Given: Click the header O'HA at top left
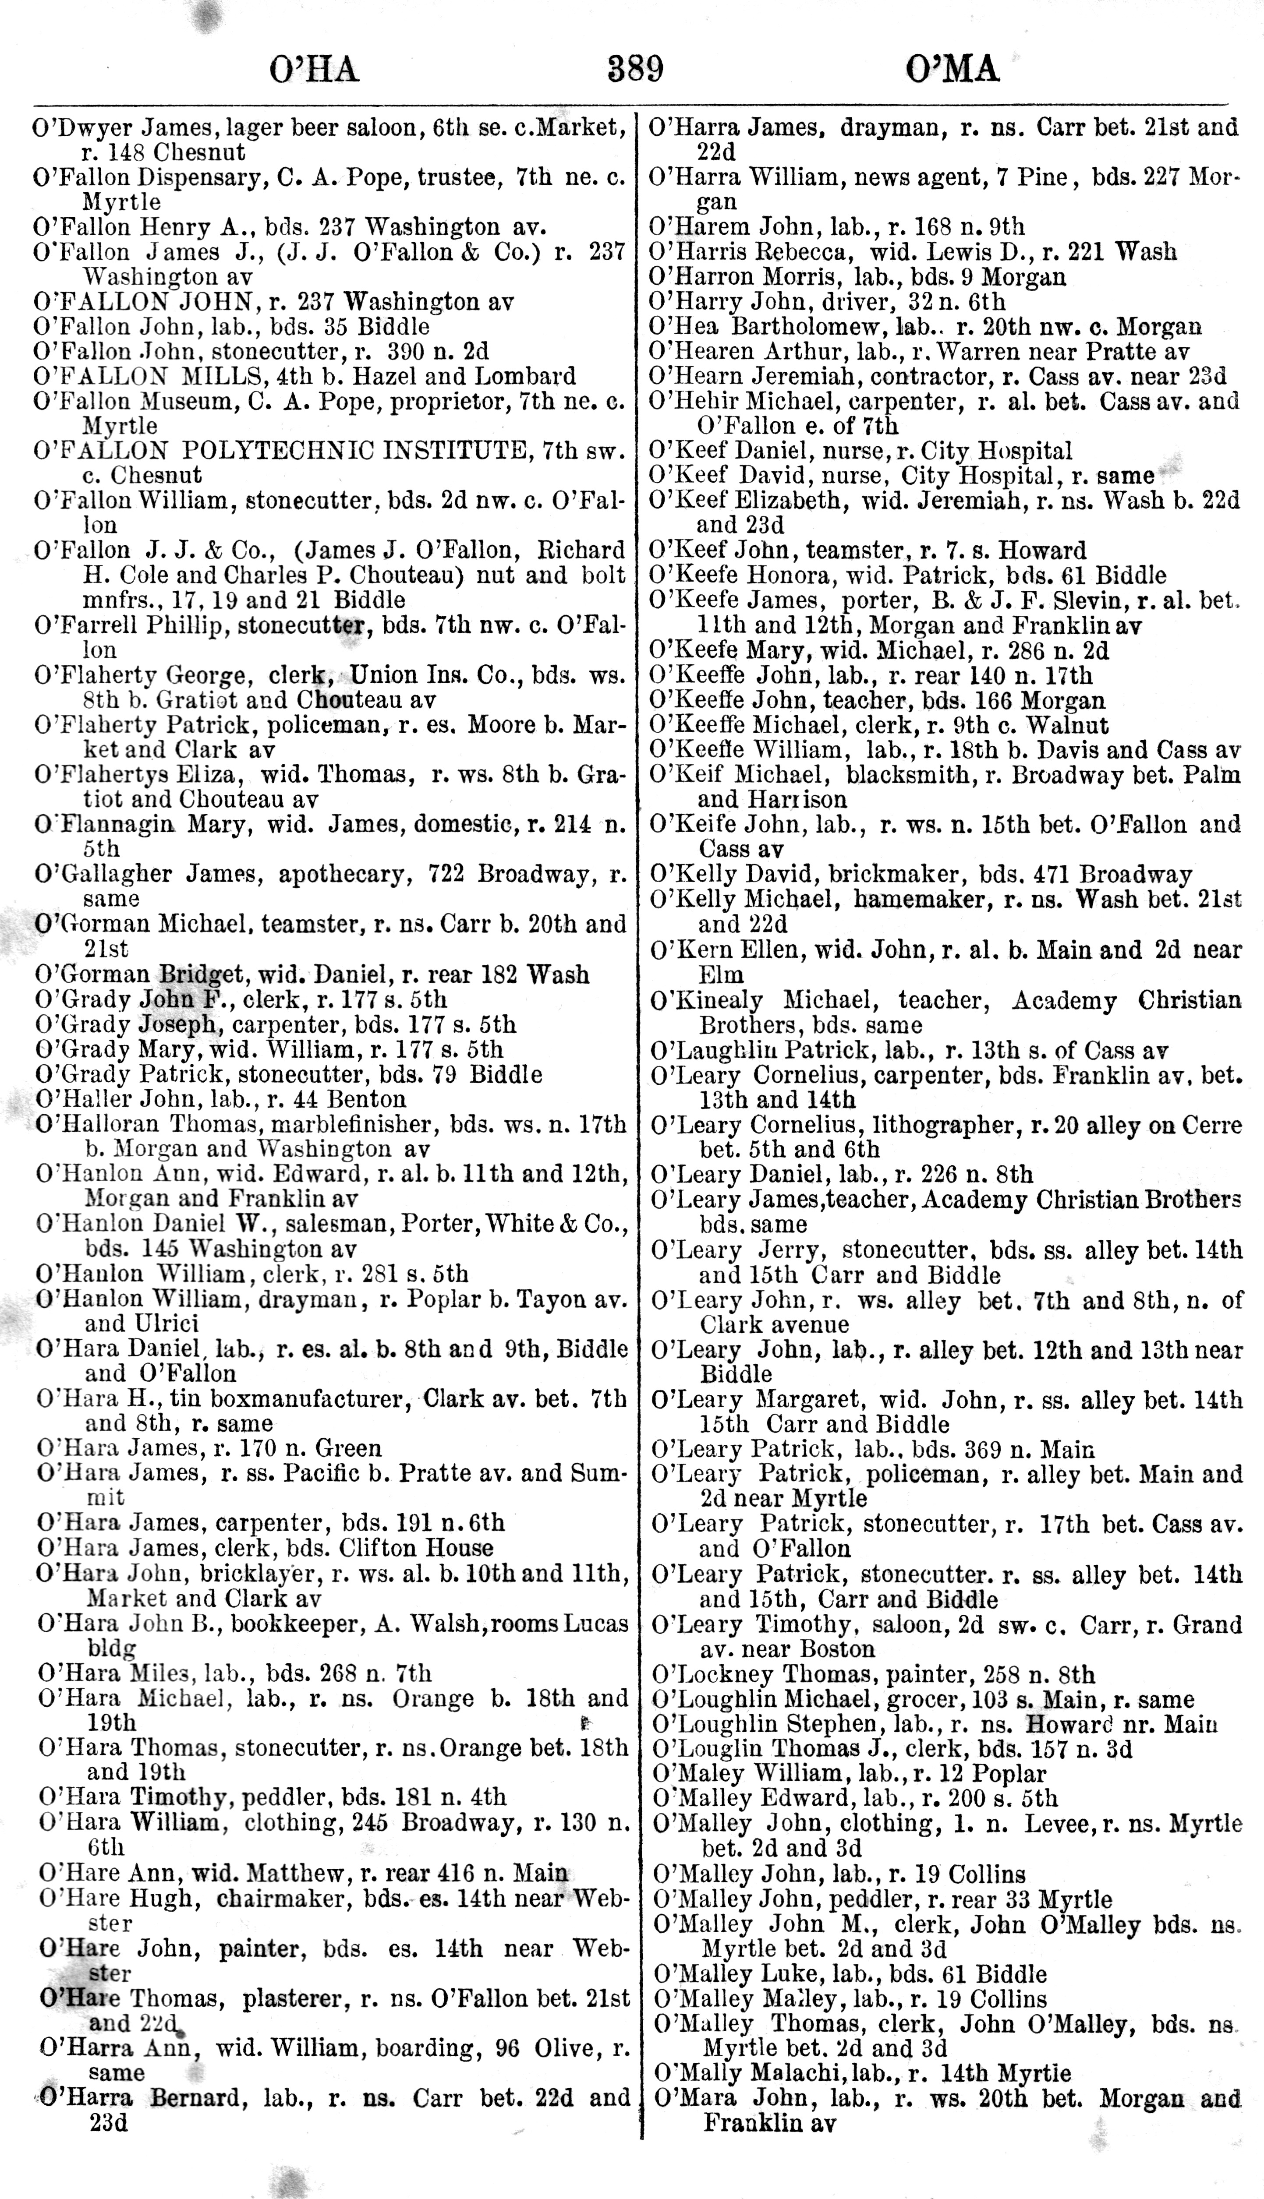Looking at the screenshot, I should click(314, 70).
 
